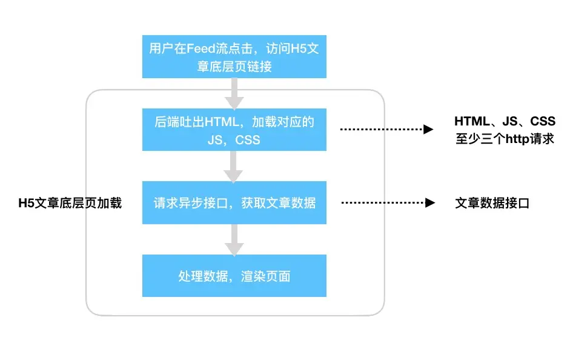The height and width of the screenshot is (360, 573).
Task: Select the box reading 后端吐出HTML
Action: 234,130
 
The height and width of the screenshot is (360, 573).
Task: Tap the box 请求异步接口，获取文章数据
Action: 234,202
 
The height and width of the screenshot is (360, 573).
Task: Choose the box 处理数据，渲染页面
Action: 234,276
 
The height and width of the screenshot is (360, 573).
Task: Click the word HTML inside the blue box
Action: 222,122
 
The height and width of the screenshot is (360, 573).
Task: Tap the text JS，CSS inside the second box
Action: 234,139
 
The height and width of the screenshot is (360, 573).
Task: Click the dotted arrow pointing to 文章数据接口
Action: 388,202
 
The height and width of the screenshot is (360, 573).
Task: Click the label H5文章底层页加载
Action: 70,203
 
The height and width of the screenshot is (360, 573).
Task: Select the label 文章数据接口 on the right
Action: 492,203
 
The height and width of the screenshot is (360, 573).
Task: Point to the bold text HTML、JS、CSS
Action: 505,121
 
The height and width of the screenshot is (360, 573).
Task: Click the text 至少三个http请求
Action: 505,139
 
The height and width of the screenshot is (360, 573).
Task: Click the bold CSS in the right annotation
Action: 543,121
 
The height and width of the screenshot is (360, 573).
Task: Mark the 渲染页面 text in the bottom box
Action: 267,276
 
